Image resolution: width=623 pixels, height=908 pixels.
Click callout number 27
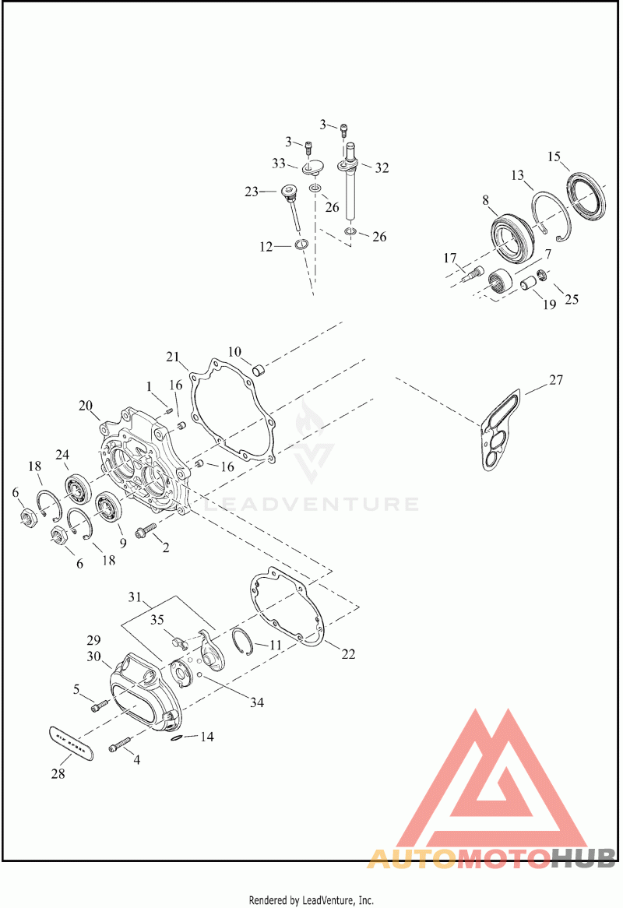(555, 381)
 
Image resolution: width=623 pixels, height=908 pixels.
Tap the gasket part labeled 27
(502, 433)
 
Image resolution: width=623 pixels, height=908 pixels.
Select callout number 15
(554, 157)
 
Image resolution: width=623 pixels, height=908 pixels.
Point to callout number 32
(382, 167)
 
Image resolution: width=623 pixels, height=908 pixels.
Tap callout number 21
(172, 357)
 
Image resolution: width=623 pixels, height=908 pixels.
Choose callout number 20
(86, 405)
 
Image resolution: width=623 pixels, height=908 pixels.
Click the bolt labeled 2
(146, 533)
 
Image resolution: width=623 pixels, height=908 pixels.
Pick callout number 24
(62, 455)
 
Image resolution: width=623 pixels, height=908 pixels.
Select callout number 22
(348, 654)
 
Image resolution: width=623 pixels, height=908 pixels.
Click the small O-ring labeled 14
(178, 737)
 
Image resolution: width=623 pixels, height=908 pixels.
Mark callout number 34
(256, 702)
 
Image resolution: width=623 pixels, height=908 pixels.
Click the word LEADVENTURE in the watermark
(311, 504)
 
